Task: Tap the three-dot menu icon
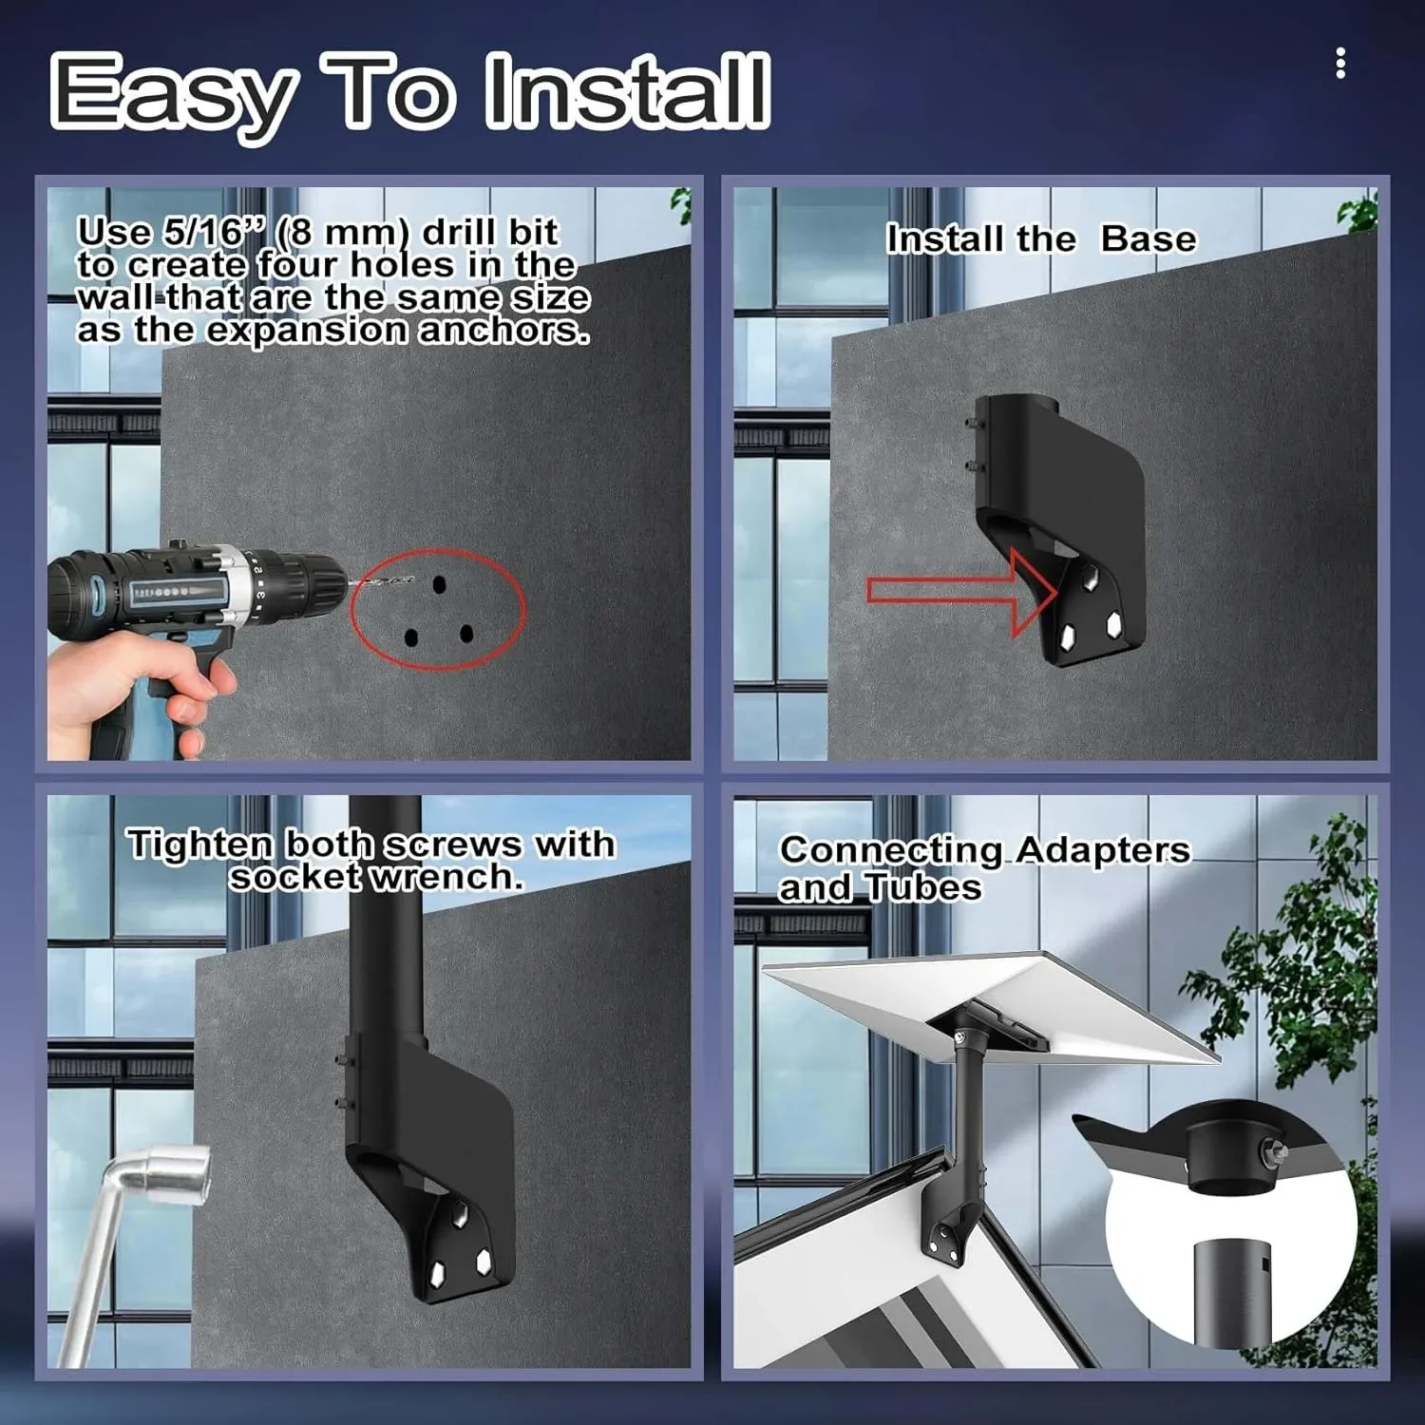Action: [1340, 64]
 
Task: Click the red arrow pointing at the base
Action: [962, 592]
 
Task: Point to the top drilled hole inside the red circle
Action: [439, 585]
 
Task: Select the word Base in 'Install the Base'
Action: [1149, 239]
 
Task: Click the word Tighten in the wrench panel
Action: [200, 845]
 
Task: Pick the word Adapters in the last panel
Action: [1102, 849]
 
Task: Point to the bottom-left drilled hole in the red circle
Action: [411, 637]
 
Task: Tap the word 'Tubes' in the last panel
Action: [923, 887]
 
